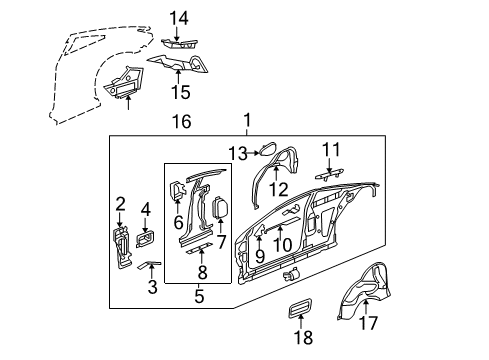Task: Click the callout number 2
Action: click(120, 206)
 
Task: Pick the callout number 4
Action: click(145, 211)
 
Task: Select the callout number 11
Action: click(331, 149)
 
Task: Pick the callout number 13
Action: click(236, 153)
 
